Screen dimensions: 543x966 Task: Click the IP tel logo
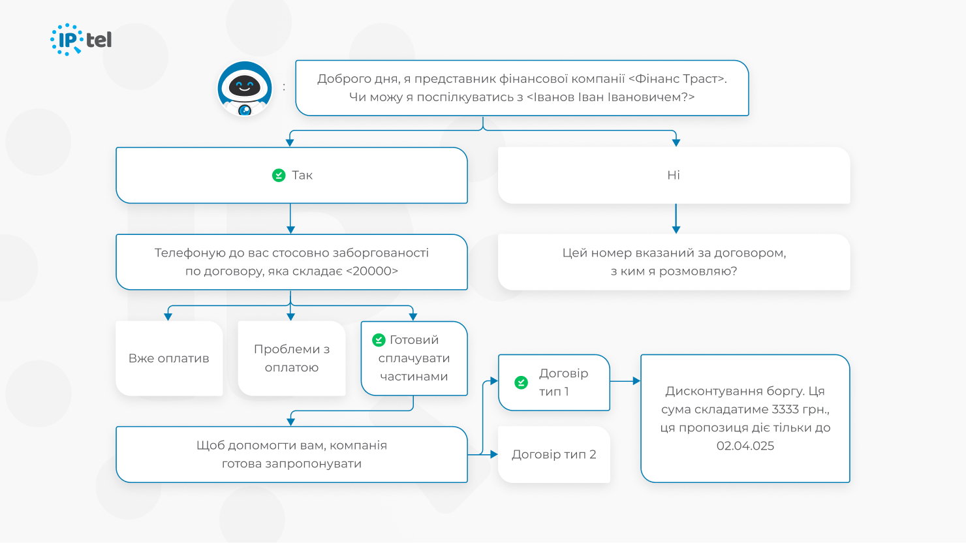(81, 40)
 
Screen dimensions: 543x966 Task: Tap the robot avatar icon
(245, 88)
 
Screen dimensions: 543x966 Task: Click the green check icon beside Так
(279, 175)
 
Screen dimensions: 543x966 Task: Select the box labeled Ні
(674, 175)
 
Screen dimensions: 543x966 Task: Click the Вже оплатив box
(169, 358)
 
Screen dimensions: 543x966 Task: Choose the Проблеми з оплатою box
(291, 358)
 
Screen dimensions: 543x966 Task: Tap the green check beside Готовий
(379, 340)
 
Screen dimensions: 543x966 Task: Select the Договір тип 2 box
(553, 454)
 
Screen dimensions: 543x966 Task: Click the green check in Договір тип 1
(521, 382)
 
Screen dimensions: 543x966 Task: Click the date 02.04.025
(745, 446)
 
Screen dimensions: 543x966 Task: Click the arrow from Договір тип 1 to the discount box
(625, 380)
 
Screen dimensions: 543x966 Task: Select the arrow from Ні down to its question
(676, 219)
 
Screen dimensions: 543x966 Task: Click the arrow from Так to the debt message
(290, 219)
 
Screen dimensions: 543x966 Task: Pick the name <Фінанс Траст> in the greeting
(678, 79)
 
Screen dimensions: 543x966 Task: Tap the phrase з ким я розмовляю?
(674, 271)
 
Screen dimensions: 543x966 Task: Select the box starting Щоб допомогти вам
(291, 454)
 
